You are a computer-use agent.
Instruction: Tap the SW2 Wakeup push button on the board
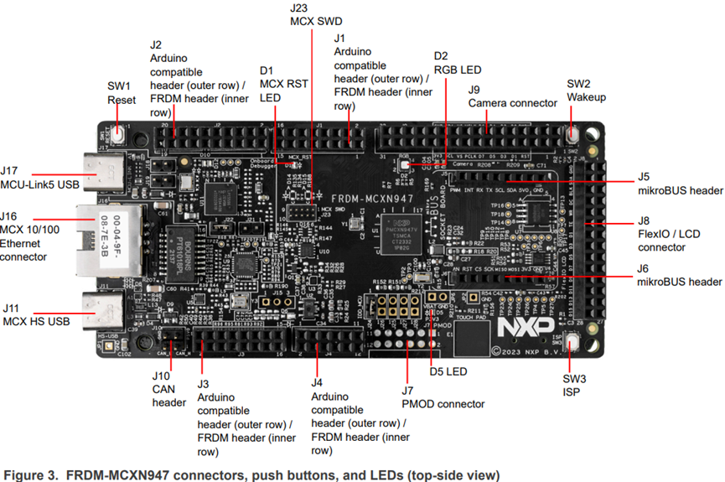(572, 134)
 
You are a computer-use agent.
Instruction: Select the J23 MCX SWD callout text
(316, 14)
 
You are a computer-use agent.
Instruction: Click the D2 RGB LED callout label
(458, 63)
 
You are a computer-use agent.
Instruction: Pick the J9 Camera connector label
(512, 96)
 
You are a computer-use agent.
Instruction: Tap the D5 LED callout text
(448, 371)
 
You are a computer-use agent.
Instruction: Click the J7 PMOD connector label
(443, 397)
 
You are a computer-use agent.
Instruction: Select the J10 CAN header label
(168, 390)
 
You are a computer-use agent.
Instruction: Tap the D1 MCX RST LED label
(278, 84)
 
